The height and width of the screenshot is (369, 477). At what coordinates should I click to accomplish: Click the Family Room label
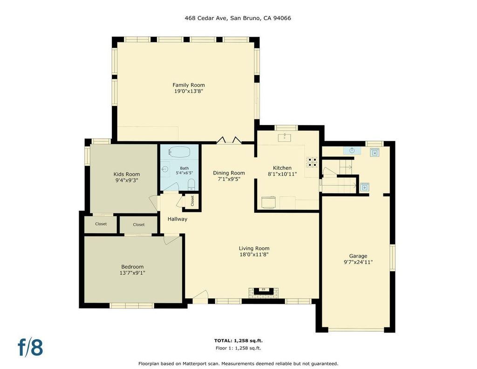[x=189, y=85]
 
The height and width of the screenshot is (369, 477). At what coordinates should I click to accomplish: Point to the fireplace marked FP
[x=264, y=292]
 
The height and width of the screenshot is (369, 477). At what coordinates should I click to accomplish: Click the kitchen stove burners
[x=312, y=162]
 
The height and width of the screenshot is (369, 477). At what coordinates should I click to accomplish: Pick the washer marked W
[x=375, y=153]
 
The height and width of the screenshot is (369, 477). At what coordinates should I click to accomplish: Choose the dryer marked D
[x=364, y=187]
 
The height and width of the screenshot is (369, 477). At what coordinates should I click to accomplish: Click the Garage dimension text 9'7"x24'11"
[x=358, y=262]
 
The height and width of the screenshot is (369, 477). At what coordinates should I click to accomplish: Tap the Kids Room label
[x=127, y=174]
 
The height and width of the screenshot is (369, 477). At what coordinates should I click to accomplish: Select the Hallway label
[x=177, y=219]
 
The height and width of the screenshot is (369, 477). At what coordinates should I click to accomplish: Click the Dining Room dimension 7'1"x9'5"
[x=229, y=179]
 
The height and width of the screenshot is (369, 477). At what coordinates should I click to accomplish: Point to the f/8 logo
[x=30, y=348]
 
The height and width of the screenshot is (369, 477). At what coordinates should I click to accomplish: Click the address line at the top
[x=238, y=18]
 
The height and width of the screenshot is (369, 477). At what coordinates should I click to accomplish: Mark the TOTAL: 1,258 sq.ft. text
[x=238, y=341]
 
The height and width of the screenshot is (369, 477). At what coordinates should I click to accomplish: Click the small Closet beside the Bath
[x=192, y=201]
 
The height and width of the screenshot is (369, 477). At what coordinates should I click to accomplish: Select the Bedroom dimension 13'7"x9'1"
[x=132, y=273]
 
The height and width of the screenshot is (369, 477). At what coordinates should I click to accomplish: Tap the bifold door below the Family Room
[x=229, y=140]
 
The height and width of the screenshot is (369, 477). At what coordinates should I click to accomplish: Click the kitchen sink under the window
[x=285, y=138]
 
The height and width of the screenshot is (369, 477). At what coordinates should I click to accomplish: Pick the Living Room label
[x=254, y=248]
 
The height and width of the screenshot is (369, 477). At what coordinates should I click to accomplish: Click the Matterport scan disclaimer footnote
[x=238, y=363]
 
